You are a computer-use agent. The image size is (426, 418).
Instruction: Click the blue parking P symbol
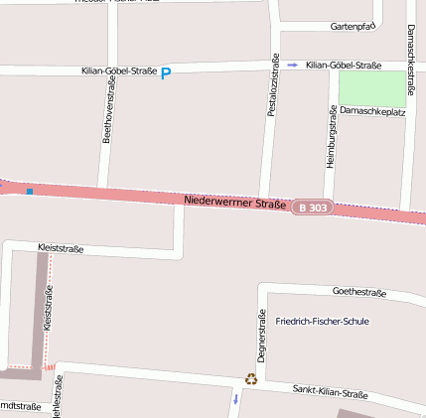pos(166,72)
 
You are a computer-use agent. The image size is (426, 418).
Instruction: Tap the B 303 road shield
pos(312,208)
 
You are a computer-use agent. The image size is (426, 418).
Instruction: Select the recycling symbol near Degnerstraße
pos(251,378)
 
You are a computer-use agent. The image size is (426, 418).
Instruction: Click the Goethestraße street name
pos(358,292)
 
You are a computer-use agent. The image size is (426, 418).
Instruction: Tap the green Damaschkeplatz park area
pos(372,88)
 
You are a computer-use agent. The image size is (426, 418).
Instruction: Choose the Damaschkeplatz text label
pos(372,112)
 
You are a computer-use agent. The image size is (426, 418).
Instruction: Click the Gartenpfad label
pos(353,26)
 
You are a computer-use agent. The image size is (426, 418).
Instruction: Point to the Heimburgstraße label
pos(332,135)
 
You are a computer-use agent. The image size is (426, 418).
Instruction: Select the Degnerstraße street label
pos(261,337)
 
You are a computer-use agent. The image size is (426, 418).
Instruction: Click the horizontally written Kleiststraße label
pos(60,248)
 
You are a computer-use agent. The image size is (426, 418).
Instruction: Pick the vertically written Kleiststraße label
pos(49,308)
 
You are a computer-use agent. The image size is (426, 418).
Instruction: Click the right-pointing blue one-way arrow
pos(292,65)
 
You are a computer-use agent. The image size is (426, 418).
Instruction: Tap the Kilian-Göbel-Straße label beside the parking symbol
pos(119,71)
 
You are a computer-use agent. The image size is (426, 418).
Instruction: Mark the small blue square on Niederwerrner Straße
pos(30,191)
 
